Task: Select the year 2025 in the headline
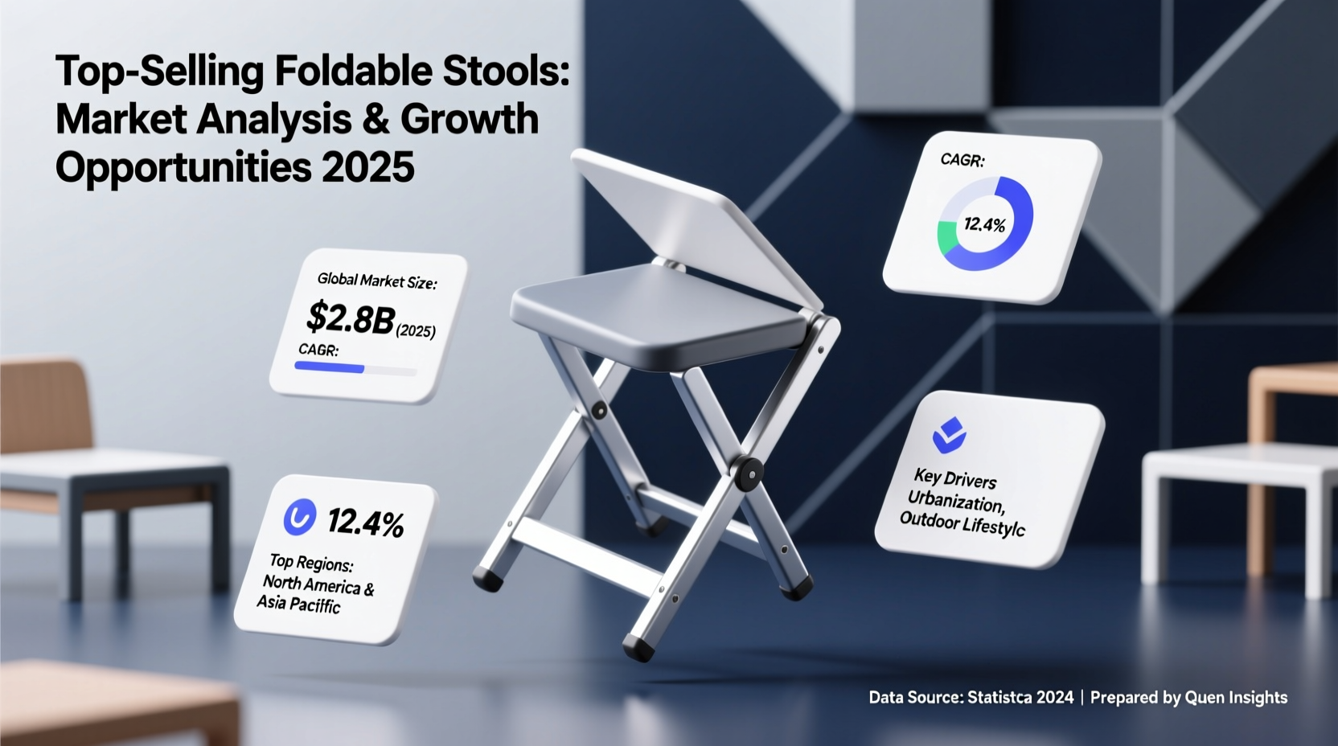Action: coord(367,167)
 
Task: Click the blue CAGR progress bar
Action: coord(330,367)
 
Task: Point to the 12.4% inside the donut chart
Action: coord(984,224)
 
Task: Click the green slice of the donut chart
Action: coord(947,236)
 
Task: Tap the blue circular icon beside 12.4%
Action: coord(300,517)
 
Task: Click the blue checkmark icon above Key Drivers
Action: coord(949,435)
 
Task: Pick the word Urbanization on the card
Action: coord(956,502)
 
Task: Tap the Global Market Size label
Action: coord(377,281)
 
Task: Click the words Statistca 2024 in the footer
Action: coord(1020,698)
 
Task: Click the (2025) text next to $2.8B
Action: coord(416,330)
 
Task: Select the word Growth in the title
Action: coord(470,120)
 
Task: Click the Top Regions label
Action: coord(311,562)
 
